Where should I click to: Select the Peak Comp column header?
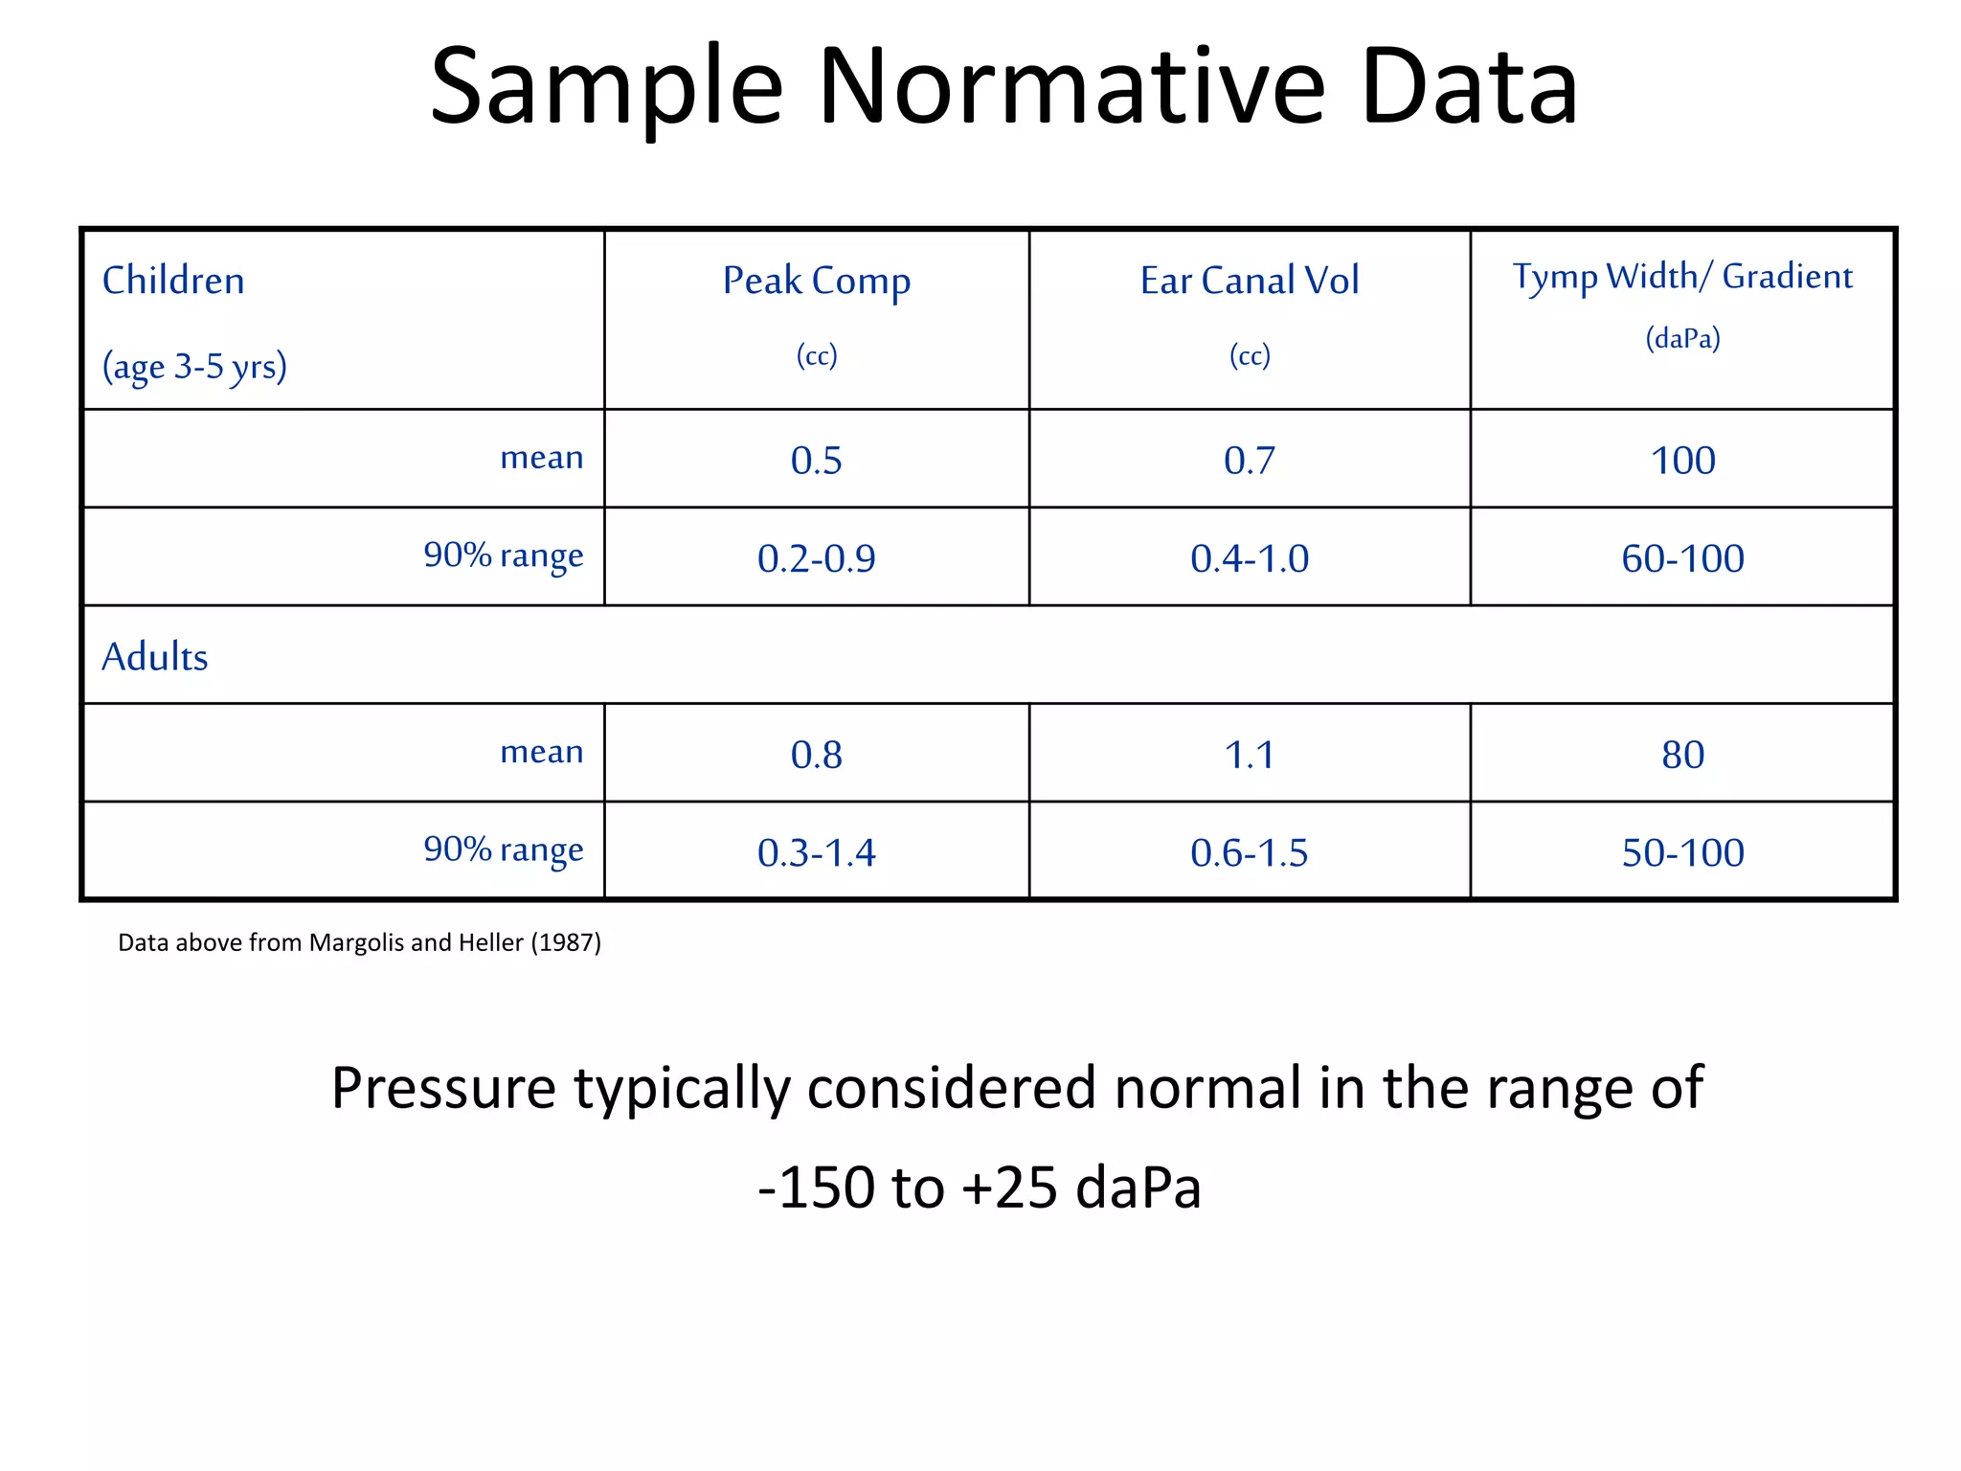tap(816, 281)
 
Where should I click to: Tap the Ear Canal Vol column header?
tap(1249, 281)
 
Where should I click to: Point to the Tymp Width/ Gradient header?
tap(1682, 277)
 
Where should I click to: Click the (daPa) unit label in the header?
tap(1682, 338)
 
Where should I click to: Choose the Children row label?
tap(173, 281)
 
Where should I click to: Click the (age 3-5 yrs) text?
tap(194, 367)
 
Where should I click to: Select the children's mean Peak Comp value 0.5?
tap(816, 461)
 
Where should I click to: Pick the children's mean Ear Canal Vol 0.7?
tap(1249, 461)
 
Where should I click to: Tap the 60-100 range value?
tap(1682, 558)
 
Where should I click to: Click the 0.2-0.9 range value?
tap(816, 558)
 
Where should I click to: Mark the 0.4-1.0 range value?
tap(1249, 558)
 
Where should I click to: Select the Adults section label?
tap(154, 657)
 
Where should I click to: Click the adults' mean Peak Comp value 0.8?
tap(816, 755)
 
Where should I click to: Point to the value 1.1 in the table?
tap(1249, 755)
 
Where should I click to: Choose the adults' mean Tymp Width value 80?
tap(1682, 755)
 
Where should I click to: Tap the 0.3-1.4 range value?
tap(816, 852)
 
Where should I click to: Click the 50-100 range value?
tap(1682, 852)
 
